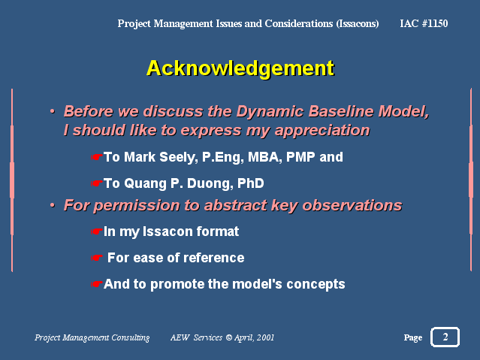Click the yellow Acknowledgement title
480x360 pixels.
click(240, 69)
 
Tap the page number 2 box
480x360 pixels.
click(445, 337)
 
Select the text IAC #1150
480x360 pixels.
click(424, 23)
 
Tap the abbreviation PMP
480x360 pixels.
click(300, 157)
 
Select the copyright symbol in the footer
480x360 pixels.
click(228, 337)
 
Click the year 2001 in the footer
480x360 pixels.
click(265, 337)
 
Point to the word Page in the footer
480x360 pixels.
click(413, 337)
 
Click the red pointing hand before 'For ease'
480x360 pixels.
click(96, 258)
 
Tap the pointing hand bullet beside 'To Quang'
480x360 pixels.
click(96, 183)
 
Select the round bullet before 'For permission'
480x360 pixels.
click(53, 204)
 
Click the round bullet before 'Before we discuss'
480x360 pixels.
click(53, 111)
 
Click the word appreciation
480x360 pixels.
click(322, 131)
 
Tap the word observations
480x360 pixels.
click(352, 205)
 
